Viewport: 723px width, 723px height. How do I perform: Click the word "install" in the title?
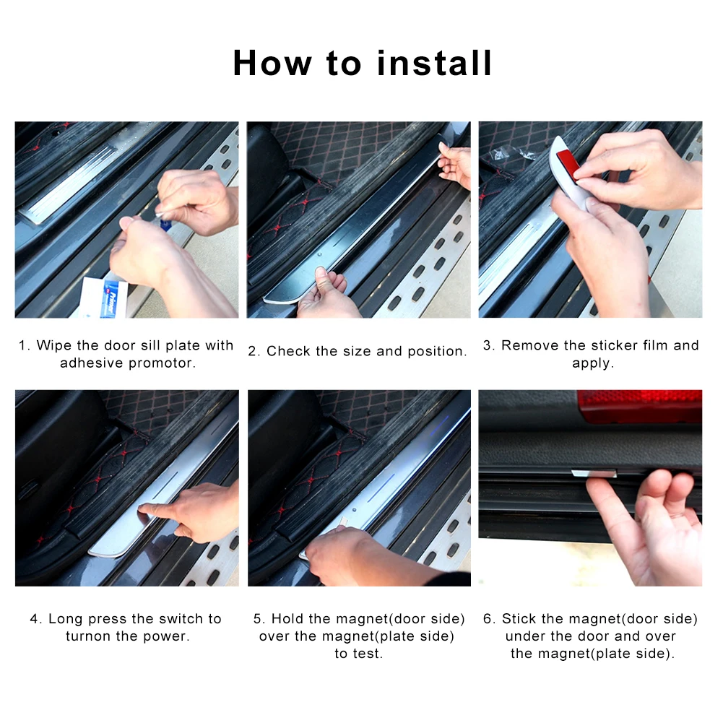(434, 63)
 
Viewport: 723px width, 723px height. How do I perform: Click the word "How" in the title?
(272, 63)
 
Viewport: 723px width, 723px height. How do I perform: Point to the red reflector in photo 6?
(639, 406)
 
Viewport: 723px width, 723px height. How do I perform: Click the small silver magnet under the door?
(594, 473)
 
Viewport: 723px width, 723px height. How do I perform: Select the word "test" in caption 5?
(367, 654)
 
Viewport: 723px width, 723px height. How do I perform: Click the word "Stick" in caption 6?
(519, 619)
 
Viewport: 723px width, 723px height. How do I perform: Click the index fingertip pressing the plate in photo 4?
(144, 508)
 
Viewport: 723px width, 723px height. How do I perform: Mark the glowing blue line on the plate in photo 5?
(381, 487)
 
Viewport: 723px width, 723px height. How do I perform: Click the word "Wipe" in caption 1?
(54, 345)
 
